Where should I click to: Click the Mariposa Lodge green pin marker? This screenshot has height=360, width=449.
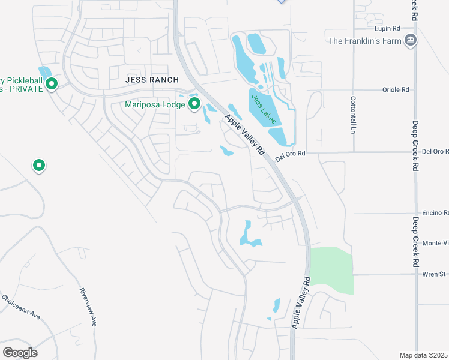click(x=194, y=104)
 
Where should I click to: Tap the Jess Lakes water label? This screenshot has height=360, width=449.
click(x=264, y=109)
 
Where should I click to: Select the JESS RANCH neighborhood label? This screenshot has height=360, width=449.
click(x=152, y=80)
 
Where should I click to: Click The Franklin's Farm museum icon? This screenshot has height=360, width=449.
click(x=411, y=41)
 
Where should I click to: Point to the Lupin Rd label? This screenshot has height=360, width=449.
click(x=387, y=29)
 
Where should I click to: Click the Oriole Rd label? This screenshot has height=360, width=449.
click(x=396, y=90)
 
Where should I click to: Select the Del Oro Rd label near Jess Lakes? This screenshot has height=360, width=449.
click(x=291, y=154)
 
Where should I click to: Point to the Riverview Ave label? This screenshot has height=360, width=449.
click(x=88, y=307)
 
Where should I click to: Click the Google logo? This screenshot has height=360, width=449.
click(x=20, y=352)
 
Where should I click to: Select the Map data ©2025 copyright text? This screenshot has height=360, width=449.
click(x=424, y=355)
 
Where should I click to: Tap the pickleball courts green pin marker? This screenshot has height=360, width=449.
click(x=52, y=84)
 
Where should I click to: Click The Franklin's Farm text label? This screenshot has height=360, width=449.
click(x=364, y=41)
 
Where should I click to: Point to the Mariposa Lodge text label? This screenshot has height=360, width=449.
click(x=155, y=105)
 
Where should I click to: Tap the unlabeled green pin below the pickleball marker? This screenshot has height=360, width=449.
click(x=39, y=164)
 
